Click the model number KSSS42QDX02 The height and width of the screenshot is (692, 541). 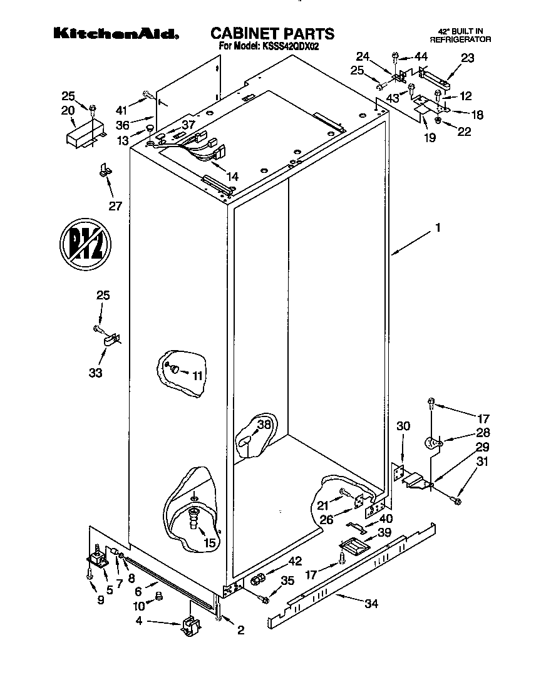tap(291, 46)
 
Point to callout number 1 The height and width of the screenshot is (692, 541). tap(438, 229)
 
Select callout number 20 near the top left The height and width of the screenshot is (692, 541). tap(68, 110)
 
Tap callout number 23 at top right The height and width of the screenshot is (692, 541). tap(467, 58)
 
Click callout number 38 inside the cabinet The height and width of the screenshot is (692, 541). tap(265, 424)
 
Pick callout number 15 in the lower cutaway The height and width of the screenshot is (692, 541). tap(210, 543)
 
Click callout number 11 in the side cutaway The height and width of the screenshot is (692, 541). tap(198, 376)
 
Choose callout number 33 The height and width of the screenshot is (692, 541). tap(95, 373)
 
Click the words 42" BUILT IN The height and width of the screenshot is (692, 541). tap(460, 31)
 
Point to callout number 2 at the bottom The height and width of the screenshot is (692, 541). tap(240, 631)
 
